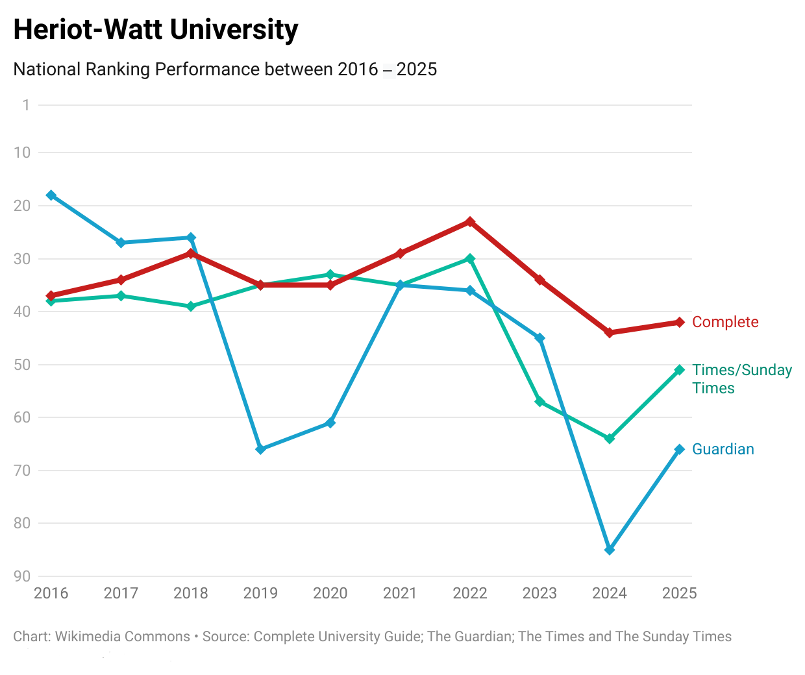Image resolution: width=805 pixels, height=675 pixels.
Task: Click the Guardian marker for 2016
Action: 51,195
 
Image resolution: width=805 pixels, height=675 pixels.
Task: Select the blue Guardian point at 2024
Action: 610,550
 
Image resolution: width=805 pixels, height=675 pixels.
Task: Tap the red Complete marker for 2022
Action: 470,222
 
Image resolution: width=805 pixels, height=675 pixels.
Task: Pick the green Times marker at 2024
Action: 610,439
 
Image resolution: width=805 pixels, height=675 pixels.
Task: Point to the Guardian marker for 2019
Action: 260,449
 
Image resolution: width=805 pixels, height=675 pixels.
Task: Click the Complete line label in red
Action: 725,322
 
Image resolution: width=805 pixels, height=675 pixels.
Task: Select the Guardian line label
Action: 723,449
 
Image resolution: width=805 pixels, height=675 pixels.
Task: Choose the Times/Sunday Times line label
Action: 742,379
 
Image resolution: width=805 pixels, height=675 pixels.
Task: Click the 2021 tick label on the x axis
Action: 400,593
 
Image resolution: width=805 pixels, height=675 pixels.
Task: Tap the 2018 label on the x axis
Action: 191,593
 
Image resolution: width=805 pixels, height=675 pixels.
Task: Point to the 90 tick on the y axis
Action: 22,576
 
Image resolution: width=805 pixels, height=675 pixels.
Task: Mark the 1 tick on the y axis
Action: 26,105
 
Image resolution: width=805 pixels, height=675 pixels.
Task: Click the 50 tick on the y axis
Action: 22,365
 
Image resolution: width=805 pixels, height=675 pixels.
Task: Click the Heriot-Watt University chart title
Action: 156,30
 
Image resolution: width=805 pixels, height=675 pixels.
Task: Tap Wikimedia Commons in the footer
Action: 123,637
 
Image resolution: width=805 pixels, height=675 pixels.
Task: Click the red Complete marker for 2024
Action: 610,333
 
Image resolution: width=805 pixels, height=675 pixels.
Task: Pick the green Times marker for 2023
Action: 539,402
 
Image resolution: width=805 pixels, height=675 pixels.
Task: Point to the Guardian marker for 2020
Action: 330,423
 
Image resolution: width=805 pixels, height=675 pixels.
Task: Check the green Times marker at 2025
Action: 680,370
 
